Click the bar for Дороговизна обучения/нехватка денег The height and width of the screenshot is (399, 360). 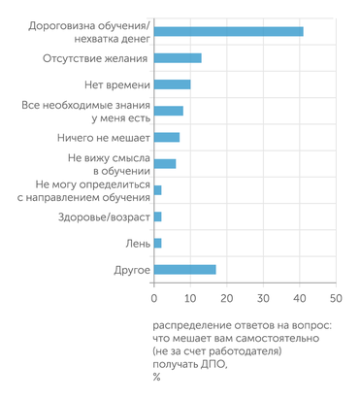pyautogui.click(x=229, y=31)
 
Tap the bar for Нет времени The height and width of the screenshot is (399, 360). pyautogui.click(x=173, y=84)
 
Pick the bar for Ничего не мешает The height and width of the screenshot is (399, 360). pyautogui.click(x=167, y=137)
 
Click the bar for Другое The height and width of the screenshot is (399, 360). pyautogui.click(x=185, y=269)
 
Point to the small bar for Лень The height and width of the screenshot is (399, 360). pyautogui.click(x=158, y=243)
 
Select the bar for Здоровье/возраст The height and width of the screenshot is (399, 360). pyautogui.click(x=158, y=216)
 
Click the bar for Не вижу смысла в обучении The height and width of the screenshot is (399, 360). pyautogui.click(x=165, y=163)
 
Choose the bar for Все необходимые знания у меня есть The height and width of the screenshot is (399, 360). pyautogui.click(x=169, y=111)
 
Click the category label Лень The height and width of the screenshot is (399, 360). pyautogui.click(x=136, y=243)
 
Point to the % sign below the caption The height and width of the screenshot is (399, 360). pyautogui.click(x=156, y=377)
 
